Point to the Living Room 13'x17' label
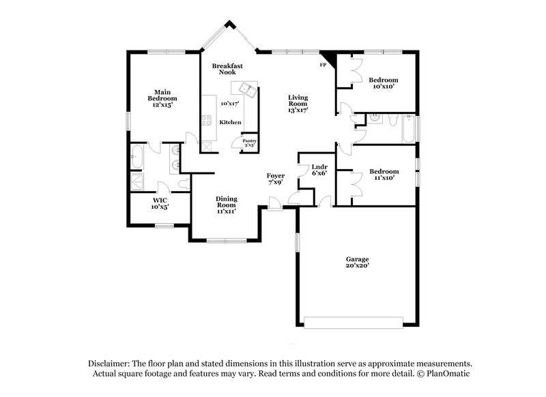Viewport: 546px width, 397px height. [x=298, y=103]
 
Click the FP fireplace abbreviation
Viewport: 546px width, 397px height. [x=323, y=65]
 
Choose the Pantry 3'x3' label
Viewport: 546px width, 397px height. [x=248, y=143]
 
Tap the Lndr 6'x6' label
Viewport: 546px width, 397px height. [x=319, y=170]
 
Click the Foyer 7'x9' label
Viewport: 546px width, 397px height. [x=275, y=179]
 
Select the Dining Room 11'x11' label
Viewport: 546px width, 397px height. [x=227, y=205]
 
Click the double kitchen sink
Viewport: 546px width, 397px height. [x=244, y=90]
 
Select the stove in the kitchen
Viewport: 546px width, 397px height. [x=205, y=122]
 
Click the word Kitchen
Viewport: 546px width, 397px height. [x=230, y=122]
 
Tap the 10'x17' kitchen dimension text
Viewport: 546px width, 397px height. [x=230, y=104]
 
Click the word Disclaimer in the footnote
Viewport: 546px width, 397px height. [x=109, y=364]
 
